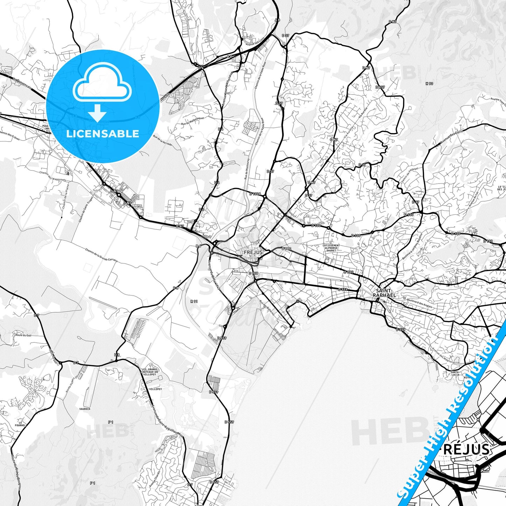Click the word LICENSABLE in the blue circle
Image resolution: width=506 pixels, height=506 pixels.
click(x=103, y=134)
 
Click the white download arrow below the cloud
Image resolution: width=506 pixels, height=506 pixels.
click(x=97, y=113)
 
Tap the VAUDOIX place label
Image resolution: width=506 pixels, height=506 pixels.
click(x=85, y=409)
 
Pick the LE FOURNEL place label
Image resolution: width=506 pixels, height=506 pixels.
click(x=21, y=424)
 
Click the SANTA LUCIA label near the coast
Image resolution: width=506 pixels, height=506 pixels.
click(x=455, y=373)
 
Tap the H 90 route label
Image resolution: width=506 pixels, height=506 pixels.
click(x=429, y=84)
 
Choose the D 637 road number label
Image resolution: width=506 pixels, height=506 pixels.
click(x=380, y=87)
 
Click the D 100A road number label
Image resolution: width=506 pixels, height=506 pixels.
click(x=256, y=194)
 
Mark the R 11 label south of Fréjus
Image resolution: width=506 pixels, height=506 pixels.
click(x=194, y=301)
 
